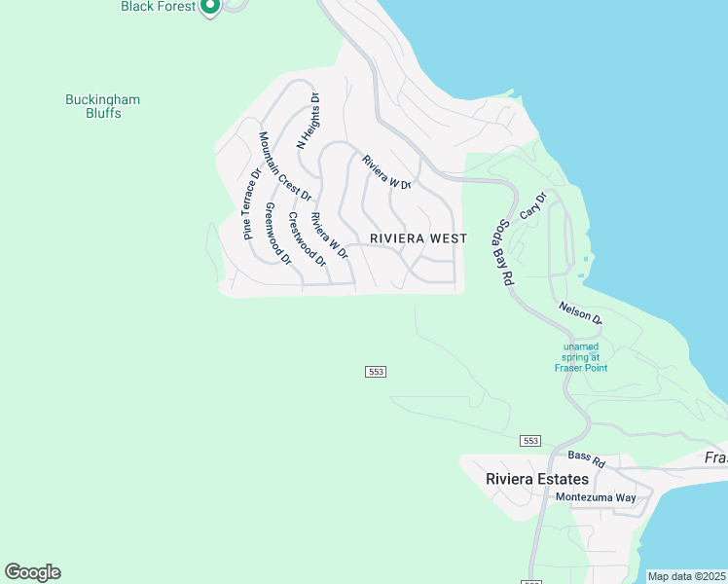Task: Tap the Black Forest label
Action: (x=158, y=6)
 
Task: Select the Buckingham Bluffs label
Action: (x=102, y=106)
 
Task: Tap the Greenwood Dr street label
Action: (x=277, y=234)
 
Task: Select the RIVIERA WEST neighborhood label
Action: (x=419, y=238)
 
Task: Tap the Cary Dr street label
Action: (x=534, y=204)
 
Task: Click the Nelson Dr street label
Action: (x=581, y=313)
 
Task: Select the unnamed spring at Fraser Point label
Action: (x=581, y=356)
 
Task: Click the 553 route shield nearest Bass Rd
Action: (x=530, y=441)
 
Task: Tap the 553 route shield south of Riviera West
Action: (x=377, y=372)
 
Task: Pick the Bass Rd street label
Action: (x=587, y=456)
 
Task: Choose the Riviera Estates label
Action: (x=537, y=479)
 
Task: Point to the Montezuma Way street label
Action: (x=595, y=497)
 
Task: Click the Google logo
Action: (x=32, y=572)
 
